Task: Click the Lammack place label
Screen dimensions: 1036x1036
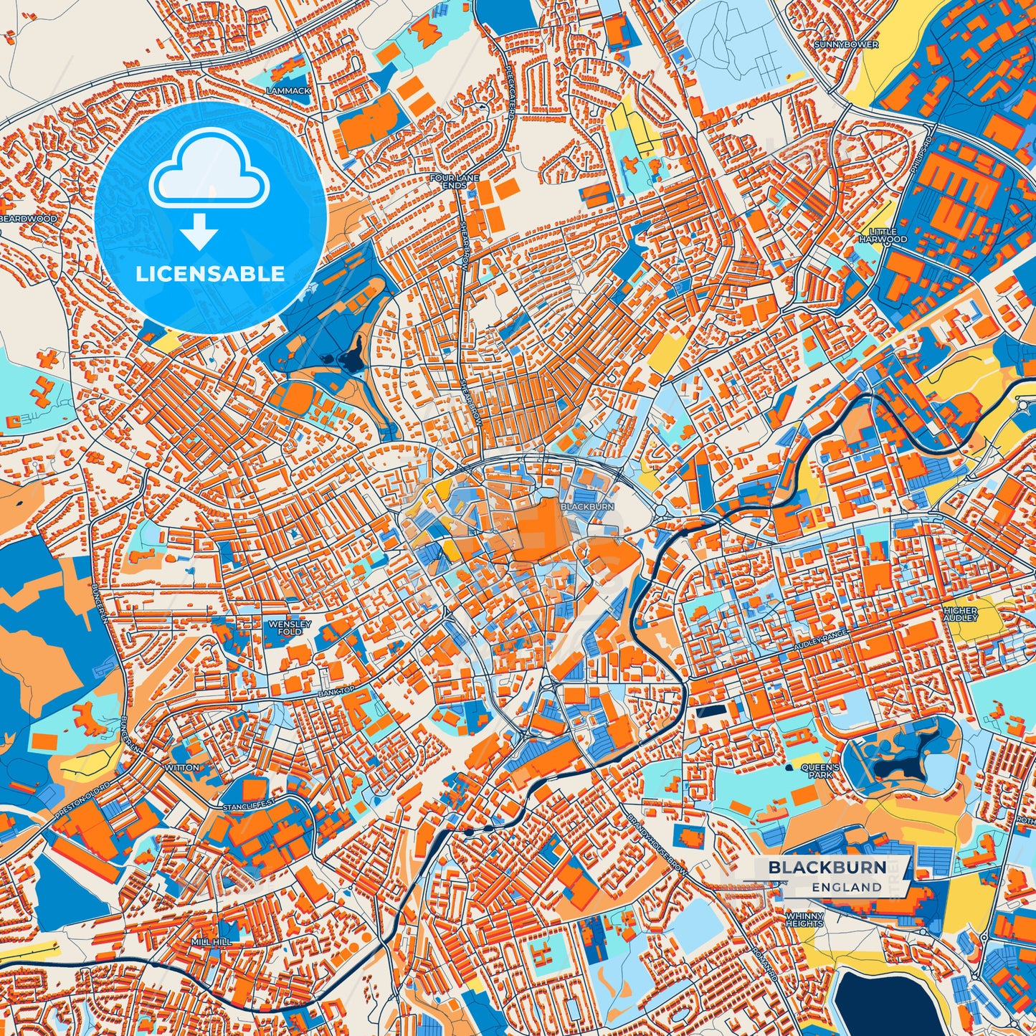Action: coord(288,91)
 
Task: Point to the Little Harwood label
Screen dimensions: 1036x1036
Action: coord(883,236)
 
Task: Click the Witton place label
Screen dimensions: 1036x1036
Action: coord(182,767)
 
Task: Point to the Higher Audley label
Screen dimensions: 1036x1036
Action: coord(960,614)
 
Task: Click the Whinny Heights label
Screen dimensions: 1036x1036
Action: coord(804,920)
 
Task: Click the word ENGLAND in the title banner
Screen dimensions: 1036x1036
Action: coord(847,887)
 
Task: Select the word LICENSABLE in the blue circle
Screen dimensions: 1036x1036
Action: coord(210,273)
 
